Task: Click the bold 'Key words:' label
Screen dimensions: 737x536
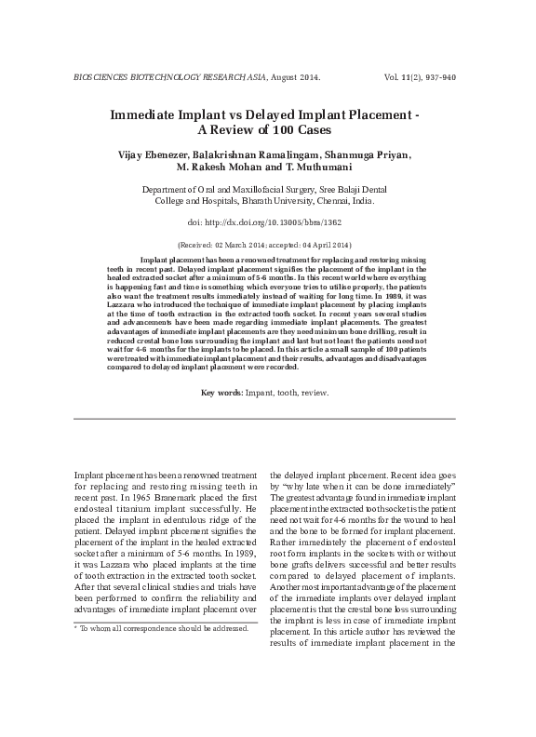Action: tap(222, 394)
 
